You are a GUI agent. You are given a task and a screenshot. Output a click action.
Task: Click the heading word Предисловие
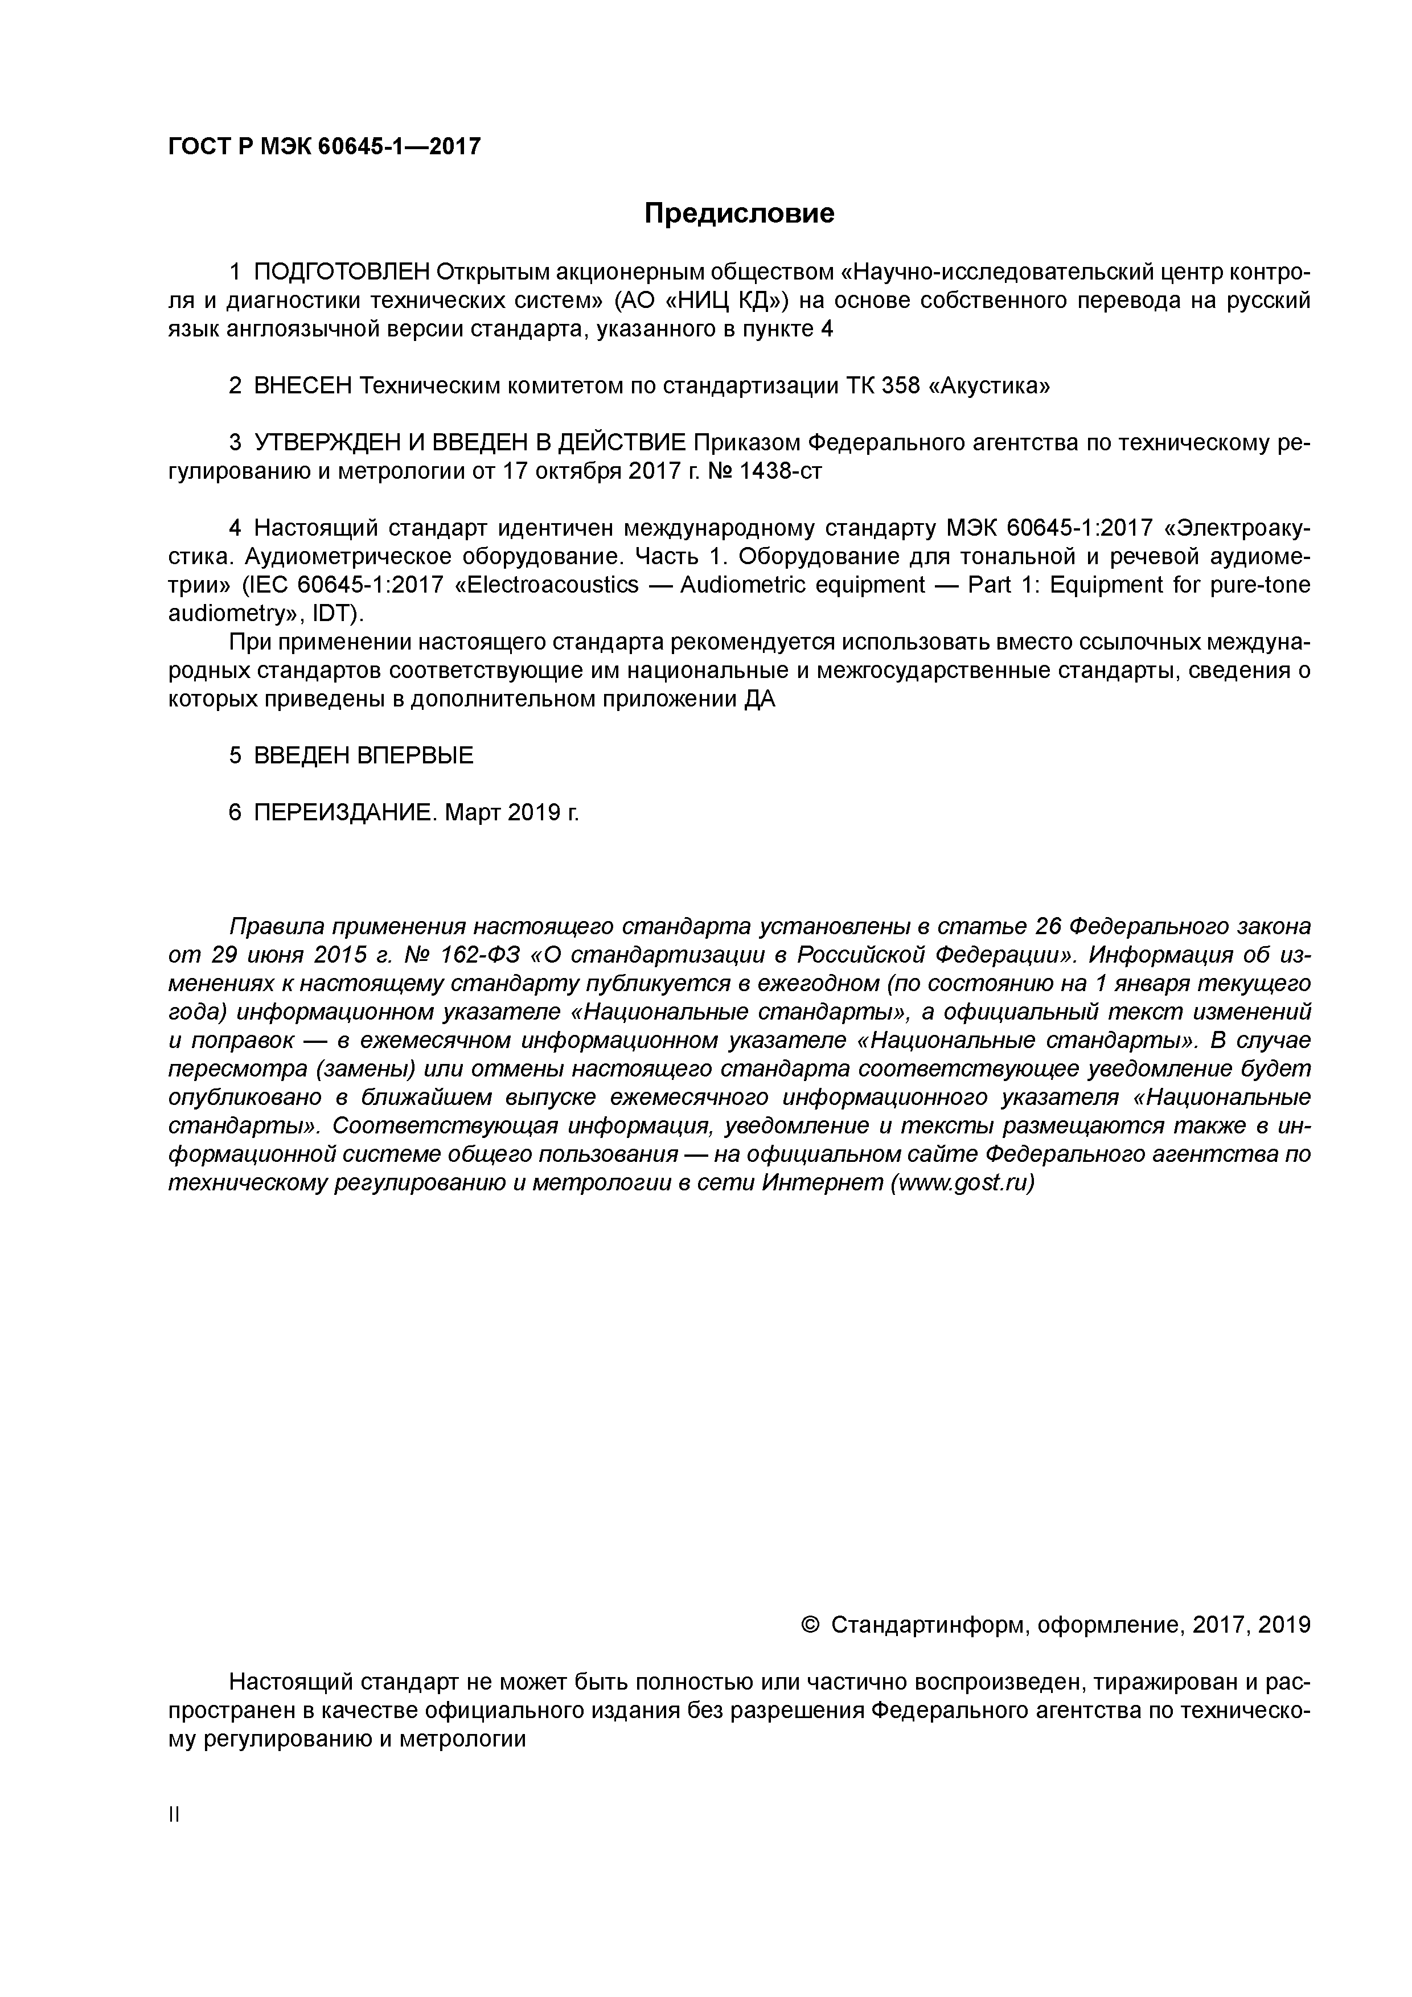(x=738, y=213)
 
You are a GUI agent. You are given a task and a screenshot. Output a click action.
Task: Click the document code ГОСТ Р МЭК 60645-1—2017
(x=323, y=146)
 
